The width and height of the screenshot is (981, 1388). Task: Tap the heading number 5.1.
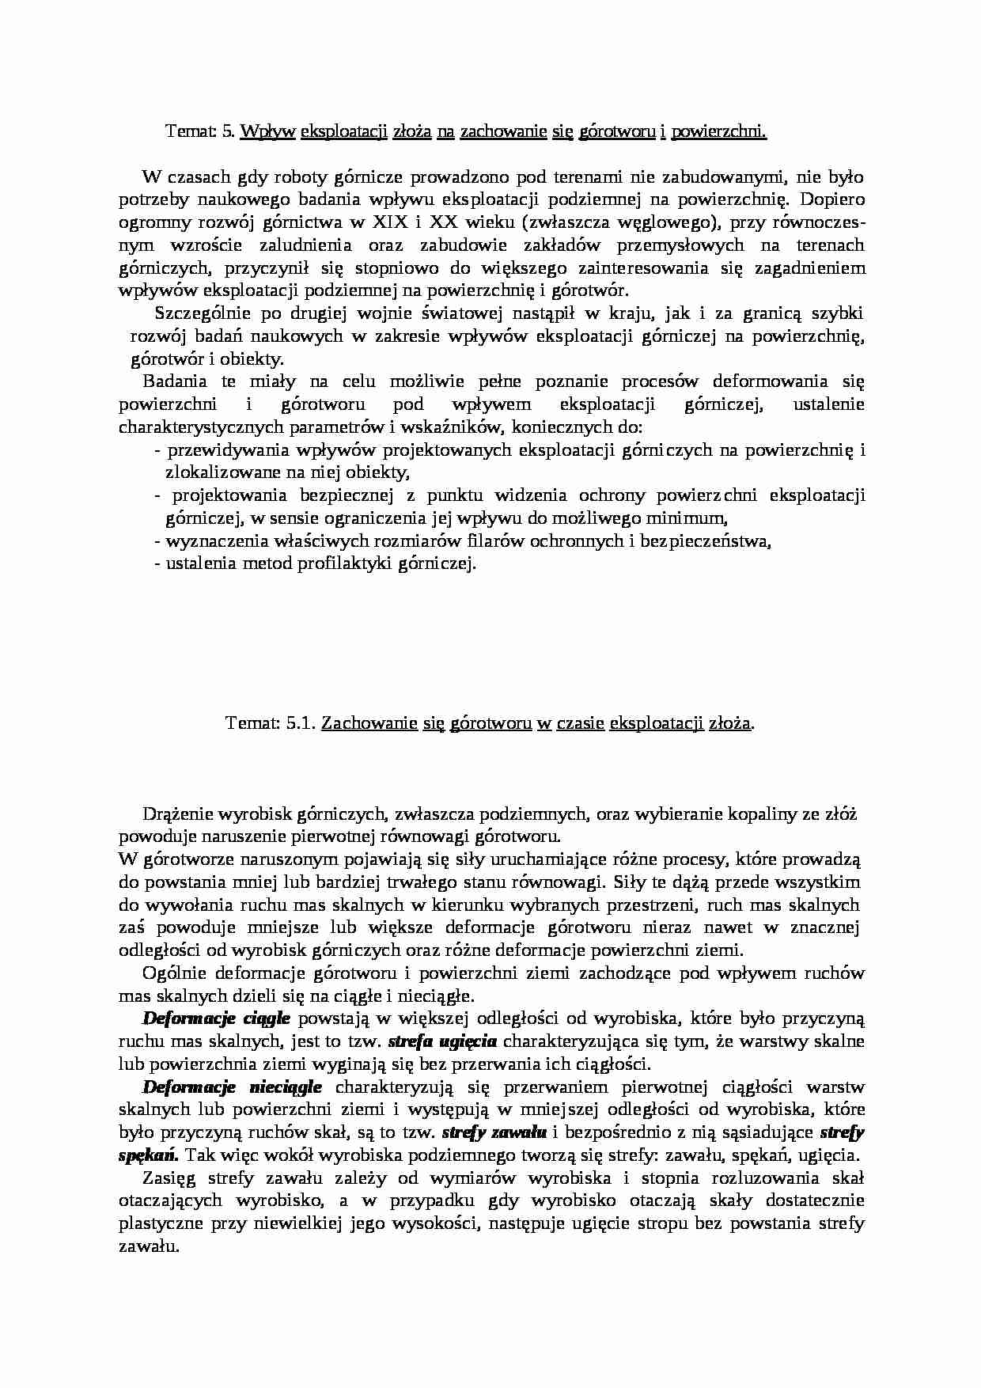coord(299,722)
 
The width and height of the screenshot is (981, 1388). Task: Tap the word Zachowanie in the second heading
coord(369,722)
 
